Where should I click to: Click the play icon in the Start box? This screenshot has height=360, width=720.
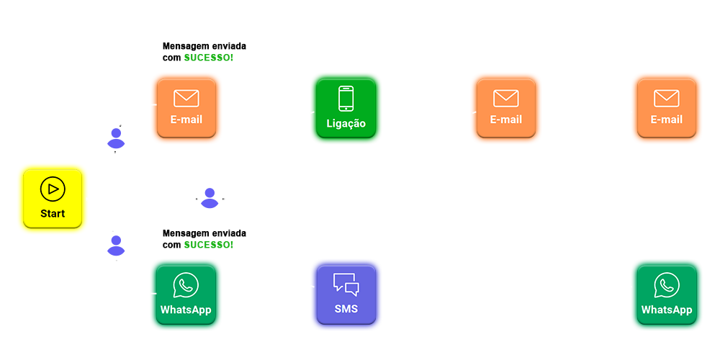pyautogui.click(x=53, y=189)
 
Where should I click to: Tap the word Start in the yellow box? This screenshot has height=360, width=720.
pyautogui.click(x=53, y=213)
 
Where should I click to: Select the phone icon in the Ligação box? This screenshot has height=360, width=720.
pyautogui.click(x=346, y=99)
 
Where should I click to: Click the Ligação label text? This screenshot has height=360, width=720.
pyautogui.click(x=346, y=123)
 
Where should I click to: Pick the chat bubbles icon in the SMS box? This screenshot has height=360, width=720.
pyautogui.click(x=346, y=284)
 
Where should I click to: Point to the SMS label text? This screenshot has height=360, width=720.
pyautogui.click(x=346, y=310)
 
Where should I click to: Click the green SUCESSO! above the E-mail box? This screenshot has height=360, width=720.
pyautogui.click(x=209, y=57)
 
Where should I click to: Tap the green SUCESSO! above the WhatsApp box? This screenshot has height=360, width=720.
pyautogui.click(x=209, y=245)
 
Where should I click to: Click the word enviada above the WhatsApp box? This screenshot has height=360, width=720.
pyautogui.click(x=228, y=233)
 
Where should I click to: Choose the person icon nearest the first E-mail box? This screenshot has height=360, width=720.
pyautogui.click(x=116, y=138)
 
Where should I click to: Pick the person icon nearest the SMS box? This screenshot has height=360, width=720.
pyautogui.click(x=210, y=197)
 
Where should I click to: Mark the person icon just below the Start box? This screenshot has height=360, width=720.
pyautogui.click(x=116, y=245)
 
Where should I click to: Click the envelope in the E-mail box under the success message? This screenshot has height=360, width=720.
pyautogui.click(x=186, y=99)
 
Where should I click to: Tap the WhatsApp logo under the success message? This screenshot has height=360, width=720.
pyautogui.click(x=186, y=285)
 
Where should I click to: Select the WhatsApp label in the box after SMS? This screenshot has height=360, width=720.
pyautogui.click(x=667, y=310)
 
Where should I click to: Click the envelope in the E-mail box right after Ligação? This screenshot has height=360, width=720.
pyautogui.click(x=506, y=99)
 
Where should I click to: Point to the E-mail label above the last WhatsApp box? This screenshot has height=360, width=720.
pyautogui.click(x=667, y=120)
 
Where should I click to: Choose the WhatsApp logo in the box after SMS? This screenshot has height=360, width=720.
pyautogui.click(x=667, y=285)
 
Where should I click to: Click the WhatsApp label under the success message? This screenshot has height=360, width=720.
pyautogui.click(x=186, y=310)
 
